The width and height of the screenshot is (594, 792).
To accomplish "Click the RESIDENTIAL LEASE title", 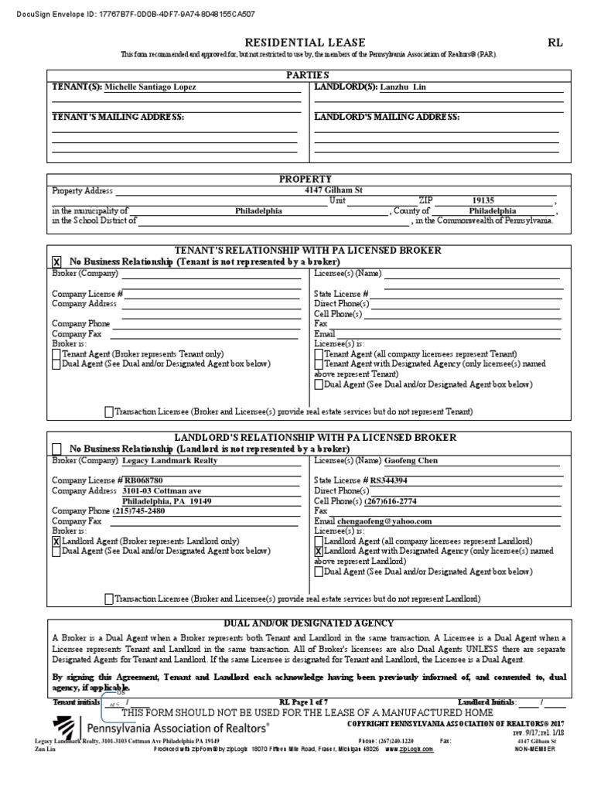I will [x=295, y=43].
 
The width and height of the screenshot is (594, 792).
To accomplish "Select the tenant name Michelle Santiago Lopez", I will [x=150, y=87].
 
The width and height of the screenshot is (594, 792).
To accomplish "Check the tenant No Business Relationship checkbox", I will [x=56, y=263].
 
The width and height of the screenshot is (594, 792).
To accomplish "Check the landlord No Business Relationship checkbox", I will [x=56, y=449].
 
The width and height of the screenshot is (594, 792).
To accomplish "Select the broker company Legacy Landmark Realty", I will [x=170, y=460].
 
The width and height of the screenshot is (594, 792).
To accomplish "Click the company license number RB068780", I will [x=145, y=480].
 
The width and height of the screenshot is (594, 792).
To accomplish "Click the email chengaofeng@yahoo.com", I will [x=388, y=521].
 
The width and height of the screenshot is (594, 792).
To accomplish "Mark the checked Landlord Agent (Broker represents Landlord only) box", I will [x=56, y=541].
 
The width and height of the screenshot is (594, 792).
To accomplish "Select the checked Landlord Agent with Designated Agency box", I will [x=319, y=551].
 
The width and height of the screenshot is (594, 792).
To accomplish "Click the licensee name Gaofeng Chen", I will [x=411, y=460].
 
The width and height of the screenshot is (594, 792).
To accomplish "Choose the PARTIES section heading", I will [x=307, y=75].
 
